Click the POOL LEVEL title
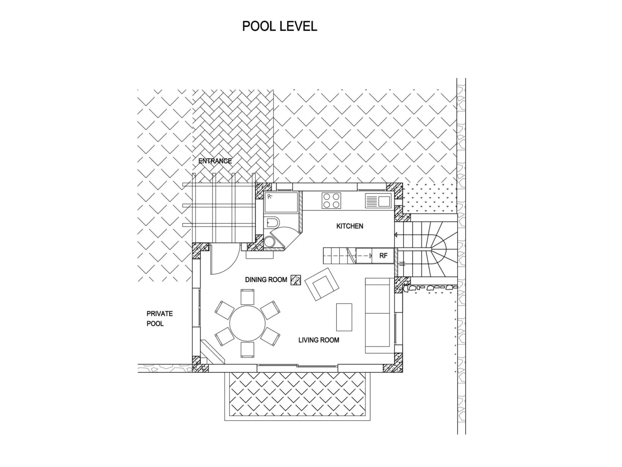point(279,26)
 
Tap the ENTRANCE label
point(215,161)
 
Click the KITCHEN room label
point(349,226)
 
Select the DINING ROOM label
point(266,279)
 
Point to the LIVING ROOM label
point(318,340)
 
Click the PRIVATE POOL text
point(159,319)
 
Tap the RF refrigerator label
point(383,256)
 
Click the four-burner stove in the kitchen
point(331,201)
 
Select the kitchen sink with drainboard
point(378,201)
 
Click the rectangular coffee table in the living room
point(344,317)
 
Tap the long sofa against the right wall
point(377,315)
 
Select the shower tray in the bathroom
point(281,202)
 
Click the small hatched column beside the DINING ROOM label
point(296,280)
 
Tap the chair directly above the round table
point(247,296)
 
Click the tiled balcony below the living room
point(297,396)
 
